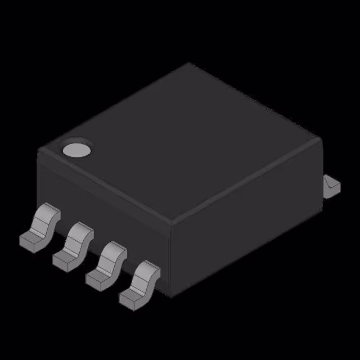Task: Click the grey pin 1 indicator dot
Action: click(76, 150)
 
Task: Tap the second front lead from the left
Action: click(74, 246)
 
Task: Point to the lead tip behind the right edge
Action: click(331, 186)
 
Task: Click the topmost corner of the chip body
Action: click(188, 63)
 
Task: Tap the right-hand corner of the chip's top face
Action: click(321, 138)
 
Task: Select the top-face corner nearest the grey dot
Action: click(39, 150)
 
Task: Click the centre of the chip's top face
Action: click(180, 143)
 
